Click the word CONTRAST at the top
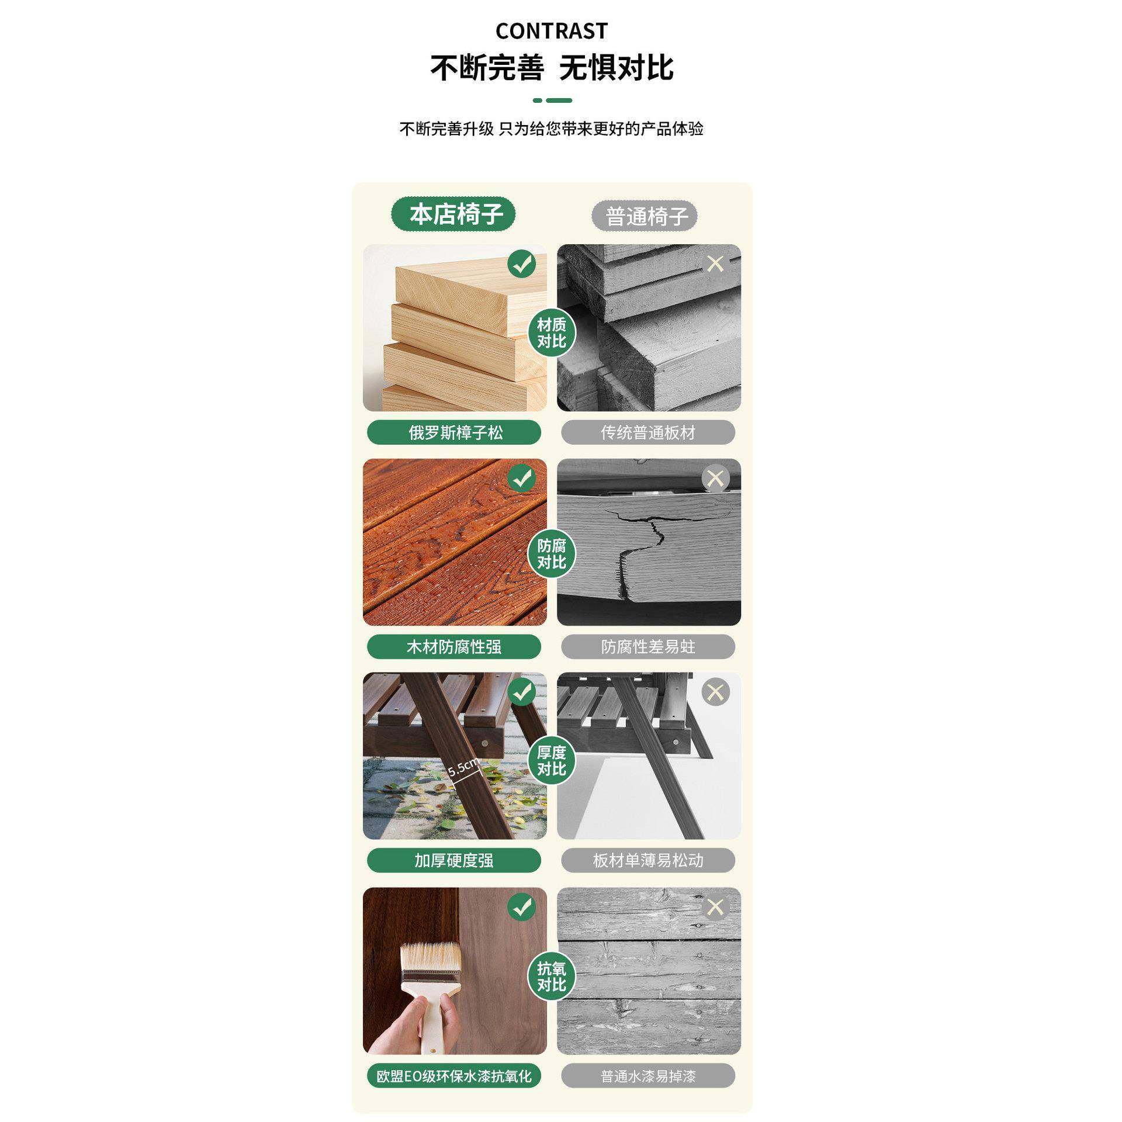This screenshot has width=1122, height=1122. point(551,31)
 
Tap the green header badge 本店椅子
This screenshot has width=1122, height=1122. point(455,214)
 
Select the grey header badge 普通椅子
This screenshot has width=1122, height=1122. point(645,216)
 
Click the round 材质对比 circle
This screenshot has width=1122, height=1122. point(551,333)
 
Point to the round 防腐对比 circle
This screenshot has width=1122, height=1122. point(551,554)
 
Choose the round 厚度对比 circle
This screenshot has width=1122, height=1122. point(551,761)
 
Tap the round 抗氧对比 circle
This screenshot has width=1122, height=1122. point(551,976)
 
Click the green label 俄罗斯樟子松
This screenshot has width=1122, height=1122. point(454,432)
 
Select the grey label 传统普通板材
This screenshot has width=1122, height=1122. point(647,432)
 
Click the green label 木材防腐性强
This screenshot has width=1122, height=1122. point(454,647)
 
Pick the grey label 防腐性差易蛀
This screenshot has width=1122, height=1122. point(647,647)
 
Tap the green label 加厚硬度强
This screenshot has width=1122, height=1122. point(454,860)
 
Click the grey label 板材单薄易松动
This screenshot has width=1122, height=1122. point(647,860)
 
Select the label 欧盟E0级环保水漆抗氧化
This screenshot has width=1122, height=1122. point(454,1076)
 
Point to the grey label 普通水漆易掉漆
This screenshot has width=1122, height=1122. point(647,1076)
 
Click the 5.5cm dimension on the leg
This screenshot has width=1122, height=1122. point(463,767)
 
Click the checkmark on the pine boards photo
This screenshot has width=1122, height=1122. point(522,264)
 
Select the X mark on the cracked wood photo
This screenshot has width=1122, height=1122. point(715,479)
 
